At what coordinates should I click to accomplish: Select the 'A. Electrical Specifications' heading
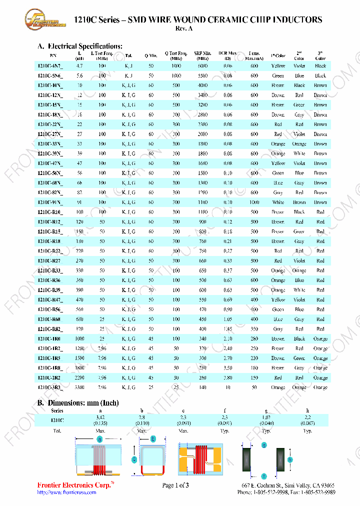point(80,46)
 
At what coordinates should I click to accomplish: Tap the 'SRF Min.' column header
point(202,55)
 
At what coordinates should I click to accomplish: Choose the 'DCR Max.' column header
point(228,55)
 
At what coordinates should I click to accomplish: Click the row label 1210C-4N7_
point(50,66)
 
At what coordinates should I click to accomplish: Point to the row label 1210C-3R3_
point(50,387)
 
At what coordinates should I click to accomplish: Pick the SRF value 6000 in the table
point(202,66)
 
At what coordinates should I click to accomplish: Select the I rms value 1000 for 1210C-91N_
point(254,202)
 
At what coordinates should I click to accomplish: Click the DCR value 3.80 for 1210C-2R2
point(228,377)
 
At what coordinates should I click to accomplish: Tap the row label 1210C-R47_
point(50,299)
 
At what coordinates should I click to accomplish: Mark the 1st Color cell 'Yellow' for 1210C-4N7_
point(278,66)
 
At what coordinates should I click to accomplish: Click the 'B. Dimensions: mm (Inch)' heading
point(78,403)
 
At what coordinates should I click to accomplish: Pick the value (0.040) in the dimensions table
point(266,423)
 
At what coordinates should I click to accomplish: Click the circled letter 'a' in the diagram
point(100,439)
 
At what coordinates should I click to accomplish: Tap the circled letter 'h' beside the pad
point(290,459)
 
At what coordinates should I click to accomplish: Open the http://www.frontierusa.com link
point(67,492)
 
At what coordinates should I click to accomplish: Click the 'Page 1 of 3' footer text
point(175,485)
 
